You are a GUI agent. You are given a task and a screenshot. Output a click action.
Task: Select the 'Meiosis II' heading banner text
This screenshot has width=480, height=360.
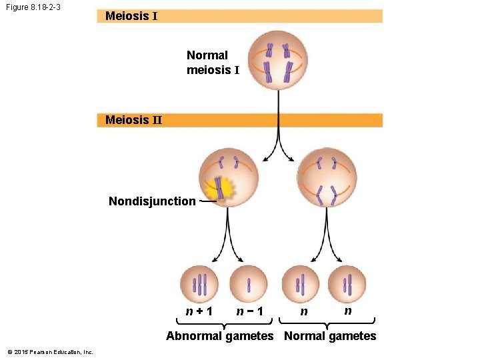[x=133, y=120]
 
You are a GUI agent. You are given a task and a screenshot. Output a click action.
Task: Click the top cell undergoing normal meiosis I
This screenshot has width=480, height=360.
[x=278, y=61]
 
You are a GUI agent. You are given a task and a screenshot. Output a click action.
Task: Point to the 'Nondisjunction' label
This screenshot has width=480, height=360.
[x=152, y=201]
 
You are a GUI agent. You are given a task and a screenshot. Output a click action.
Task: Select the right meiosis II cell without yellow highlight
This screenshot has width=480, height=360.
[x=326, y=178]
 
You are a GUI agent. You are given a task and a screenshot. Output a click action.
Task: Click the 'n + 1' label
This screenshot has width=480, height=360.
[x=199, y=311]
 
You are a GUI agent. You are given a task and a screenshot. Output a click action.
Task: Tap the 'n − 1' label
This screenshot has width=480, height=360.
[x=249, y=311]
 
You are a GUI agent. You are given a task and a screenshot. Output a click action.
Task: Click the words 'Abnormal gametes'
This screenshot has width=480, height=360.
[x=219, y=336]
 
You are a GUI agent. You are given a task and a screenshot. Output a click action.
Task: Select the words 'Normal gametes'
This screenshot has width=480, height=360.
[x=330, y=336]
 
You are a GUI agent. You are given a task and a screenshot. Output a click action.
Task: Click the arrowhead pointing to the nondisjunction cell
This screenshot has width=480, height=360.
[x=265, y=159]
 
